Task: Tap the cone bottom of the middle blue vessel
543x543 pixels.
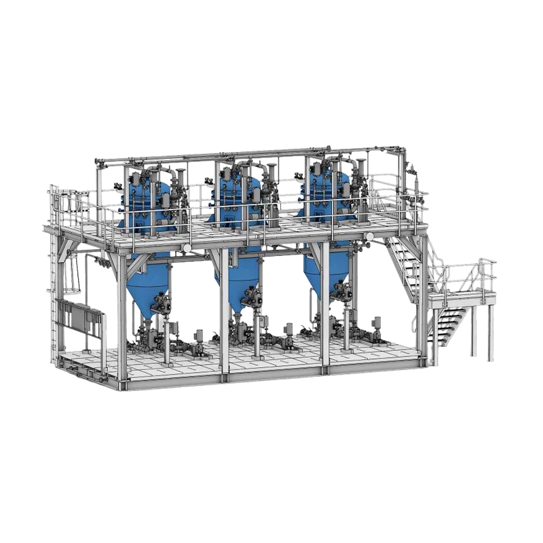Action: tap(235, 284)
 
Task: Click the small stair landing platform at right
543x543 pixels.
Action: tap(462, 296)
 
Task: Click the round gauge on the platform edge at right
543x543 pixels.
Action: tap(369, 237)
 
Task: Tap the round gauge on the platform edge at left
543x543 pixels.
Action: tap(185, 248)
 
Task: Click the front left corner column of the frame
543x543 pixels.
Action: tap(122, 319)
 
